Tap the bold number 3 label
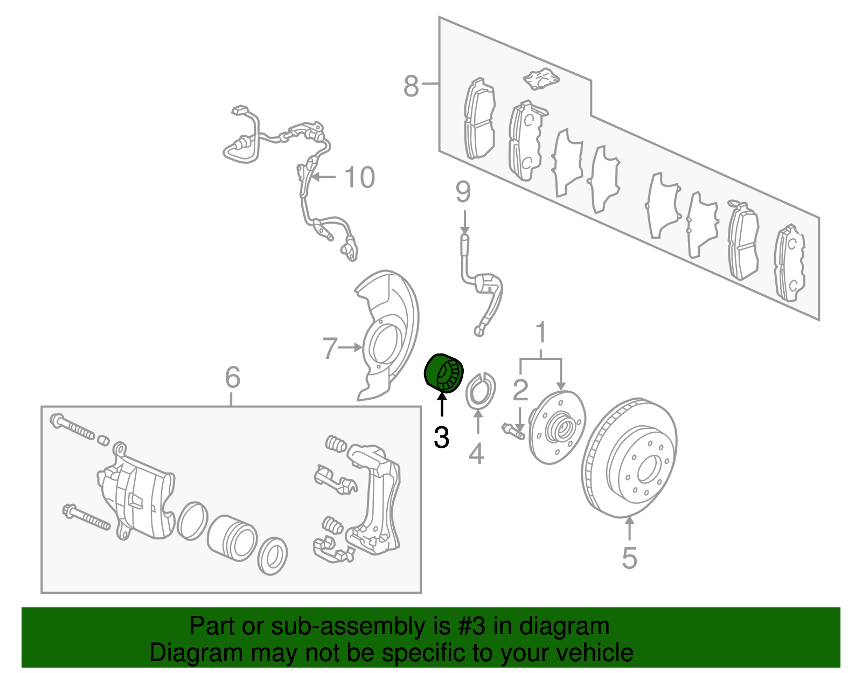(441, 438)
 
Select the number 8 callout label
(411, 86)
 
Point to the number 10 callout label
(359, 177)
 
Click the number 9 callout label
(463, 192)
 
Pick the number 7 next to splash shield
(330, 349)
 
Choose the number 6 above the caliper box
(232, 377)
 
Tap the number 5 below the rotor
(629, 558)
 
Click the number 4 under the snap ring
(476, 454)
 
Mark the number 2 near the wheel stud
(520, 390)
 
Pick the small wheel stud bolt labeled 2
(513, 431)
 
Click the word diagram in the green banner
(570, 626)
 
